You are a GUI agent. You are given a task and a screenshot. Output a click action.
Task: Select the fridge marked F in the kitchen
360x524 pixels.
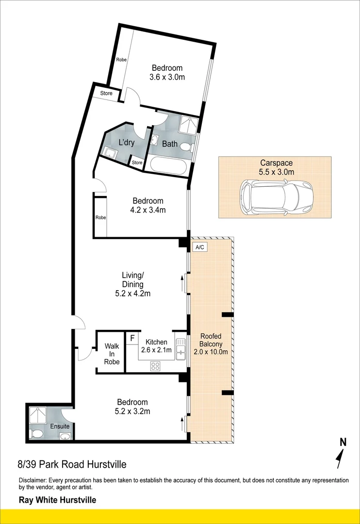point(131,338)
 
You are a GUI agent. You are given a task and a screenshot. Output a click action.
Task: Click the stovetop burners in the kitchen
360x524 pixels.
point(156,366)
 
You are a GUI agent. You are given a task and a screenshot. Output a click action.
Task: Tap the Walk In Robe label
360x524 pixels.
point(112,354)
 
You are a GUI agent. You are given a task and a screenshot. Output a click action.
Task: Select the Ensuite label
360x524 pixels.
point(60,426)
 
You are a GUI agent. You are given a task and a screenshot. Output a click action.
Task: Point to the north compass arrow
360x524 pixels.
point(341,457)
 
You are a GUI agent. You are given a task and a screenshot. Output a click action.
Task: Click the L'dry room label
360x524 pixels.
point(127,143)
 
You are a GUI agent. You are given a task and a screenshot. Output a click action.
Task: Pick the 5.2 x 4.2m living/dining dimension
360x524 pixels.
point(132,294)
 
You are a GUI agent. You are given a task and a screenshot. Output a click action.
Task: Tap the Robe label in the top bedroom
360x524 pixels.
point(121,60)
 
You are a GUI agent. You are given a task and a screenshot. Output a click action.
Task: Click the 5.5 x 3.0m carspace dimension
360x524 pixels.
point(276,172)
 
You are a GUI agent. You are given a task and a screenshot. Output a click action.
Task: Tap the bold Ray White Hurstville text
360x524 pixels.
point(57,500)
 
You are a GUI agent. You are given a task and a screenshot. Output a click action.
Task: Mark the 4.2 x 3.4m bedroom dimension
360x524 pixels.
point(148,210)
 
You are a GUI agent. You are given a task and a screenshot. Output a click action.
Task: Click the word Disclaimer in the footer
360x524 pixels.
point(34,480)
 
